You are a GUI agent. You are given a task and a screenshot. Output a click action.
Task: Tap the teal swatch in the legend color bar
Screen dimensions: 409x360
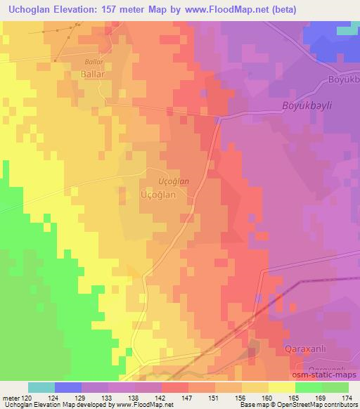[41, 387]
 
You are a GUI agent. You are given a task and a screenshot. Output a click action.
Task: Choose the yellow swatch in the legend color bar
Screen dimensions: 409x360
[281, 387]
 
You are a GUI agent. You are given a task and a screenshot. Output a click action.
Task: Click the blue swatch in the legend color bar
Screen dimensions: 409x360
[68, 387]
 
